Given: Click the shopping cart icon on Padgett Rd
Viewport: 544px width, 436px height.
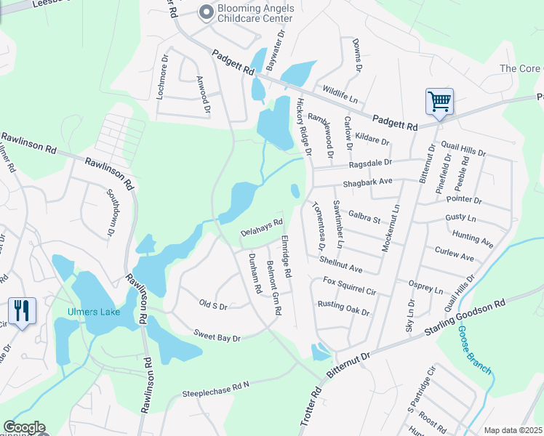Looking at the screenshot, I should pos(439,102).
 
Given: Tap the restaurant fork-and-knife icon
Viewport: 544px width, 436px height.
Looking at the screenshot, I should pos(23,312).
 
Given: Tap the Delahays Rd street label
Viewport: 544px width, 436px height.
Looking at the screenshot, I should pos(261,227).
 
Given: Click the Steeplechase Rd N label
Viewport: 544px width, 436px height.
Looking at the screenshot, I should pos(215,388).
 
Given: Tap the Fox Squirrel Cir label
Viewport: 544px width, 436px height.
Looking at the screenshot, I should pos(349,286).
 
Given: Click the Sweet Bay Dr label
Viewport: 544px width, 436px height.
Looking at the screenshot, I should pos(217,335).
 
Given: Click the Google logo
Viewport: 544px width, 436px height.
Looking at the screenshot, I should pos(24,427).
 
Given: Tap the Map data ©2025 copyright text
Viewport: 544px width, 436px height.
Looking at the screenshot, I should pos(513,430).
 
